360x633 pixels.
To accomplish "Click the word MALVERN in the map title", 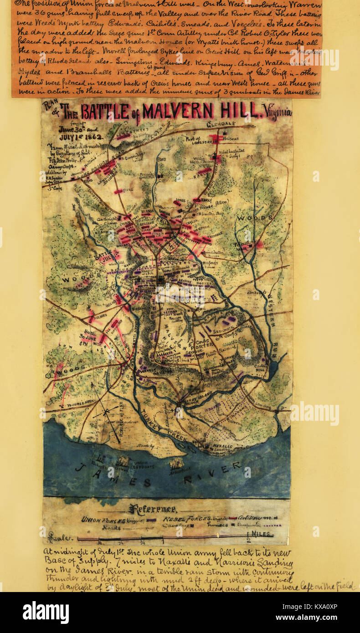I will pyautogui.click(x=177, y=111).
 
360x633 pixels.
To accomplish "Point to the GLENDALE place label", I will pyautogui.click(x=221, y=124).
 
